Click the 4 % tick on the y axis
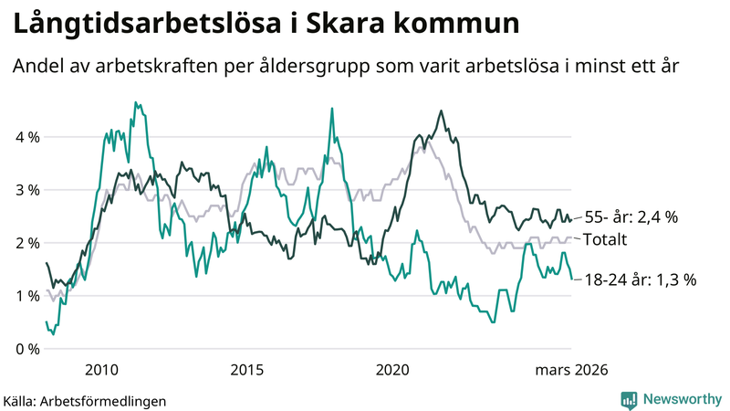coord(26,138)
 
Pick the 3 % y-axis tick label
coord(26,191)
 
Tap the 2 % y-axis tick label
coord(26,244)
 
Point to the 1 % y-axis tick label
coord(26,297)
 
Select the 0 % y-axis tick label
coord(26,350)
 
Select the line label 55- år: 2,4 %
coord(631,217)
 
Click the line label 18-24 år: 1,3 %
coord(640,280)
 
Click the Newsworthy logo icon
coord(629,399)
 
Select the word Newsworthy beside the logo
coord(682,399)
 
